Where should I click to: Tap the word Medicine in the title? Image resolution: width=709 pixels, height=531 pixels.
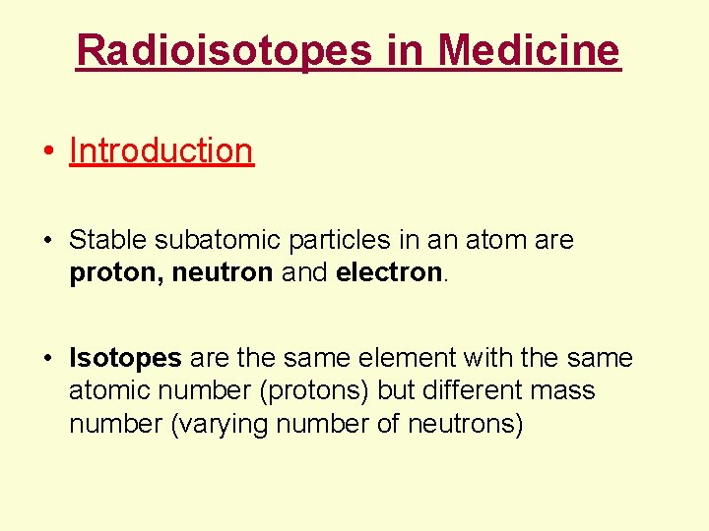(529, 49)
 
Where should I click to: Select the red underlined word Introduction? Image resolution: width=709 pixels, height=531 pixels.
(161, 150)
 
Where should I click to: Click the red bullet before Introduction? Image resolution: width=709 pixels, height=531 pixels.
(47, 151)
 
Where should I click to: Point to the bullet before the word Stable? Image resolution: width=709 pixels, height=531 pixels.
(47, 241)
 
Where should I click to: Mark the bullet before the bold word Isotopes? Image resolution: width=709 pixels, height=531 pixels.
(47, 359)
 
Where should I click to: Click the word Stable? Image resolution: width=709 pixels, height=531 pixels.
(107, 240)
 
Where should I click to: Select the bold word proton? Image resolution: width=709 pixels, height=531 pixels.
(115, 272)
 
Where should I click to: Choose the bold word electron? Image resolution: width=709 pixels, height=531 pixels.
(389, 271)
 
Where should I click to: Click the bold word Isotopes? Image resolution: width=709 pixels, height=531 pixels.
(125, 358)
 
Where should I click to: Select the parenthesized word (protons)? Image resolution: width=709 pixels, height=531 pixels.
(314, 391)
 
